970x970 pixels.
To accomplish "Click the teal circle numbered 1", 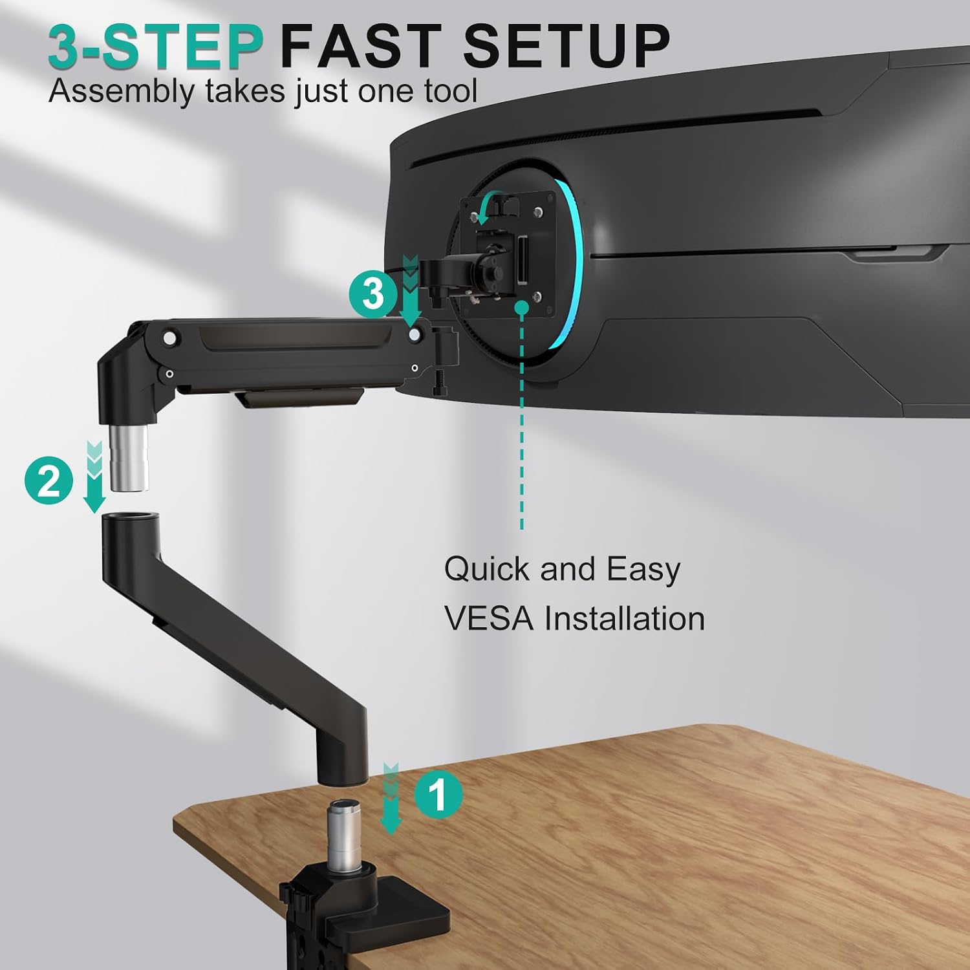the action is pos(438,794).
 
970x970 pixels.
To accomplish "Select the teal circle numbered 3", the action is pos(373,294).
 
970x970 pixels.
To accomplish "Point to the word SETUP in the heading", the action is pos(566,46).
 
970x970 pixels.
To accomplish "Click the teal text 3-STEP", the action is pos(156,46).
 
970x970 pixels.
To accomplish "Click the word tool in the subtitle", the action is pos(451,91).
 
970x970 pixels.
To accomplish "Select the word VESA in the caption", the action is pos(489,618).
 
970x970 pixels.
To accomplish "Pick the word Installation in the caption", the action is pos(624,618).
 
